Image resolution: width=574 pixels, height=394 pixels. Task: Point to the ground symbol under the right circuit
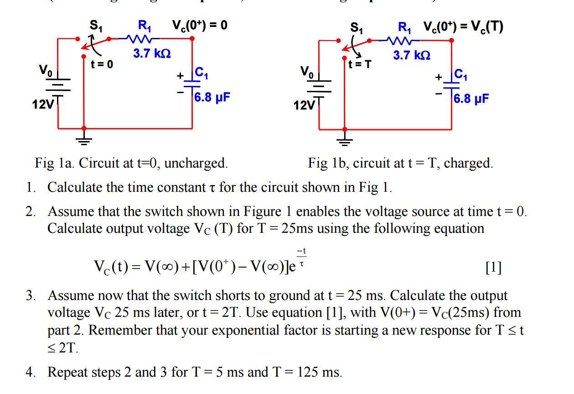[345, 141]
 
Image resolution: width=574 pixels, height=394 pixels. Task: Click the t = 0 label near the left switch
[102, 64]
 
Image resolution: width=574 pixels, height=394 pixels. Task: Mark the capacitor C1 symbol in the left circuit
[192, 84]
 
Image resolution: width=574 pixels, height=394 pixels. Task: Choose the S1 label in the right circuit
[357, 28]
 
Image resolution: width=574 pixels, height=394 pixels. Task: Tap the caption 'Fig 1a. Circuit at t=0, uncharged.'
[131, 163]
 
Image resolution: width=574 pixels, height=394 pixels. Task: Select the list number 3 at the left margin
[30, 295]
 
